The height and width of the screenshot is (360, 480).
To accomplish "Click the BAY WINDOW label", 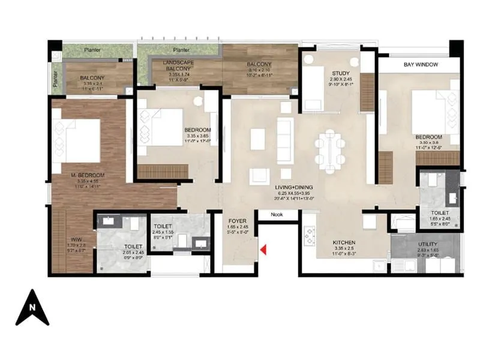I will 420,64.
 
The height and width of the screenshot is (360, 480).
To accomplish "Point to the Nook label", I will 276,214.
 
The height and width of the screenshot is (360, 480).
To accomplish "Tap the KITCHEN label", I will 346,244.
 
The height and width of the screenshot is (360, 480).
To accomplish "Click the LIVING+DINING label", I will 295,188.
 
